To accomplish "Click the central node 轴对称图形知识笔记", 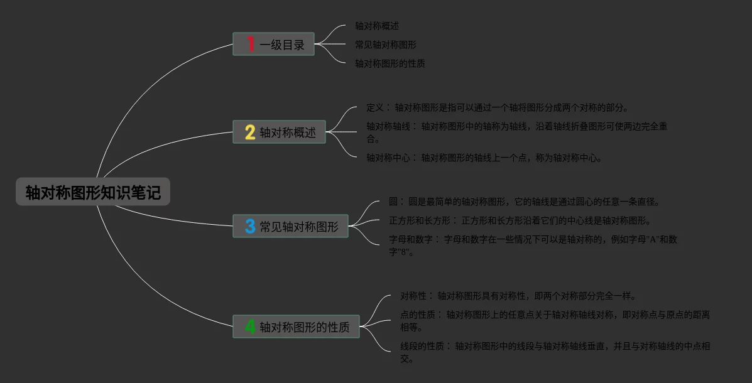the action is click(93, 192).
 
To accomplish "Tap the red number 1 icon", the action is click(251, 44).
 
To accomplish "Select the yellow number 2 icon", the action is click(250, 132).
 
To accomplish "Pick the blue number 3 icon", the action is click(250, 226).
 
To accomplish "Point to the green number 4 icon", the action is click(250, 326).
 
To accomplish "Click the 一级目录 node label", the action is click(282, 45).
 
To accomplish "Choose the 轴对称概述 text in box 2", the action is click(288, 132).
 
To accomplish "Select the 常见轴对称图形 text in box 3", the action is click(299, 227).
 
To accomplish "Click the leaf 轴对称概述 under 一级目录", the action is click(377, 26).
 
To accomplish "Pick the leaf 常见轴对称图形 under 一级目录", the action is click(386, 45).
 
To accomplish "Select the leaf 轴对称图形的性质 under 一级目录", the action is click(390, 64).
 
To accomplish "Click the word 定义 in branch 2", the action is click(375, 108).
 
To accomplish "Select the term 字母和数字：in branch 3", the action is click(411, 240).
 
